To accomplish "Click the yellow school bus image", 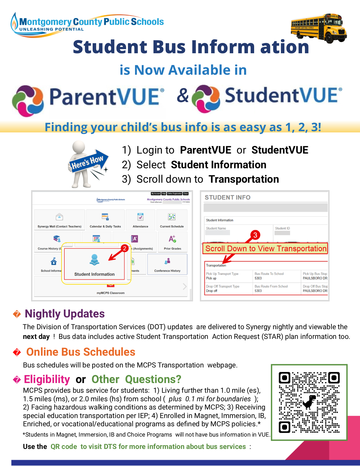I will point(319,28).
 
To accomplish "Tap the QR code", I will point(309,402).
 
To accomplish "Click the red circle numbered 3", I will point(255,235).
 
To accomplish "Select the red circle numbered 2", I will point(124,248).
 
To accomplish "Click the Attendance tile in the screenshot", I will point(141,220).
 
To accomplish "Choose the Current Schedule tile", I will point(172,220).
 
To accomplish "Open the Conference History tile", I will point(167,264).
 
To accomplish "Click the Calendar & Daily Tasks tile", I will point(105,220).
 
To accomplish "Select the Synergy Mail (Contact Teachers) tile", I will point(59,220).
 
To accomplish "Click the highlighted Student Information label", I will point(94,274).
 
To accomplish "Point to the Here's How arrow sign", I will point(88,162).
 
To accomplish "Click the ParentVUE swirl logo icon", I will point(28,101).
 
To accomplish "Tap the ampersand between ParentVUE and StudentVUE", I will point(183,95).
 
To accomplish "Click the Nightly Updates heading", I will point(65,314).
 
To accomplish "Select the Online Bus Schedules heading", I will point(81,352).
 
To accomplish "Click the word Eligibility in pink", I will point(47,380).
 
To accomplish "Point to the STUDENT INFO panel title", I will point(228,197).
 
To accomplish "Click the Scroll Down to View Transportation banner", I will point(266,249).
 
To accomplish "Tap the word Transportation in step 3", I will point(244,179).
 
